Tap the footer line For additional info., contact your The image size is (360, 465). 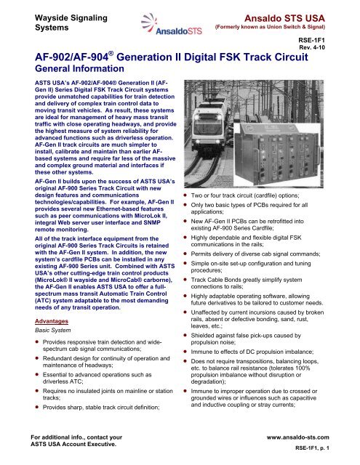(x=73, y=437)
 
